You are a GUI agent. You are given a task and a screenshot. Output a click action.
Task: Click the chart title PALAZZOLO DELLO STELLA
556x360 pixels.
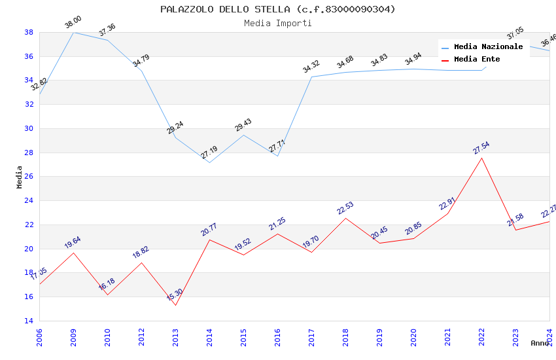(x=278, y=9)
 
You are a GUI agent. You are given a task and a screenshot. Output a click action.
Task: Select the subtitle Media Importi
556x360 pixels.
(x=278, y=23)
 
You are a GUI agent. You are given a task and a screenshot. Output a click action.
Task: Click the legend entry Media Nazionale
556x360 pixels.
(x=488, y=47)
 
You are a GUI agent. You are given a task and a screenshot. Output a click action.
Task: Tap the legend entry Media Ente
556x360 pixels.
(x=477, y=60)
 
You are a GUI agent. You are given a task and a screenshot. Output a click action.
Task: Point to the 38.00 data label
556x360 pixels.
(x=73, y=24)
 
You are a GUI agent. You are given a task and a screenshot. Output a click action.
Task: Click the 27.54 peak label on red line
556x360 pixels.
(x=481, y=149)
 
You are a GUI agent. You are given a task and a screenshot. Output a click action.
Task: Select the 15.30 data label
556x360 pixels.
(x=175, y=296)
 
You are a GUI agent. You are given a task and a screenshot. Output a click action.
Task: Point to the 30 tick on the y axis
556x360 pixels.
(x=29, y=128)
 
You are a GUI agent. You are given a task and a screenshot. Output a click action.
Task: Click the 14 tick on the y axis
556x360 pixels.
(x=29, y=321)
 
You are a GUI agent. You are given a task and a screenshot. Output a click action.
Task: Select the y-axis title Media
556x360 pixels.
(x=20, y=177)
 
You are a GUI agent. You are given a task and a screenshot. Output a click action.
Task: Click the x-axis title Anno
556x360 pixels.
(x=540, y=343)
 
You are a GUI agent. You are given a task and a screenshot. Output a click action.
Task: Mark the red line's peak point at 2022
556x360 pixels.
(x=481, y=158)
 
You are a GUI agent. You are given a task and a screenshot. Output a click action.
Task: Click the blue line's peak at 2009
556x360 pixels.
(x=73, y=32)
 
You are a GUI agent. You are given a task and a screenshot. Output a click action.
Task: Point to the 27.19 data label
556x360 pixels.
(x=209, y=153)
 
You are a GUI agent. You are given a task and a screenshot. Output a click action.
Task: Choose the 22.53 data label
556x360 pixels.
(x=345, y=209)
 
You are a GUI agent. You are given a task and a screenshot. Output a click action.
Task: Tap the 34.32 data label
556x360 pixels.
(x=311, y=67)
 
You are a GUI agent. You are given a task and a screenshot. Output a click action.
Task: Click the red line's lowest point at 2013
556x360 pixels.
(x=175, y=305)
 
